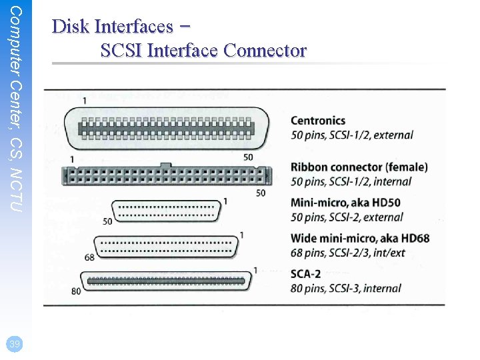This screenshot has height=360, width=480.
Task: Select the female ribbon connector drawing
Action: pos(167,176)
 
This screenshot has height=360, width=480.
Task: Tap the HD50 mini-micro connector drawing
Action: pos(167,211)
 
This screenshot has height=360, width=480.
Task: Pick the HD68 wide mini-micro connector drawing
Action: pos(167,247)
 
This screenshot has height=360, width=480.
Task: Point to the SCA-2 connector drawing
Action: pos(167,281)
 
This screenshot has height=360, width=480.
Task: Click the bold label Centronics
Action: pos(318,121)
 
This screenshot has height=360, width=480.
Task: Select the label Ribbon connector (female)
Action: pos(359,167)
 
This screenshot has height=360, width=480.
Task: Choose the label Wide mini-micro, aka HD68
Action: pos(359,238)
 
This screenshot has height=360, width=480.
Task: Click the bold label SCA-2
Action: pos(306,274)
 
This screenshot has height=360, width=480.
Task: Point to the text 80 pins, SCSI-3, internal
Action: pos(345,289)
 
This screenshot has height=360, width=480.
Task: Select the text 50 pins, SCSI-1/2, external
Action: pos(351,135)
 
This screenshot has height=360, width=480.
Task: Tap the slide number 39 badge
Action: pos(13,344)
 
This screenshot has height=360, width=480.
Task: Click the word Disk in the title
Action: pos(71,26)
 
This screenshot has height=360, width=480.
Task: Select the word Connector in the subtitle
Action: pos(265,50)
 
